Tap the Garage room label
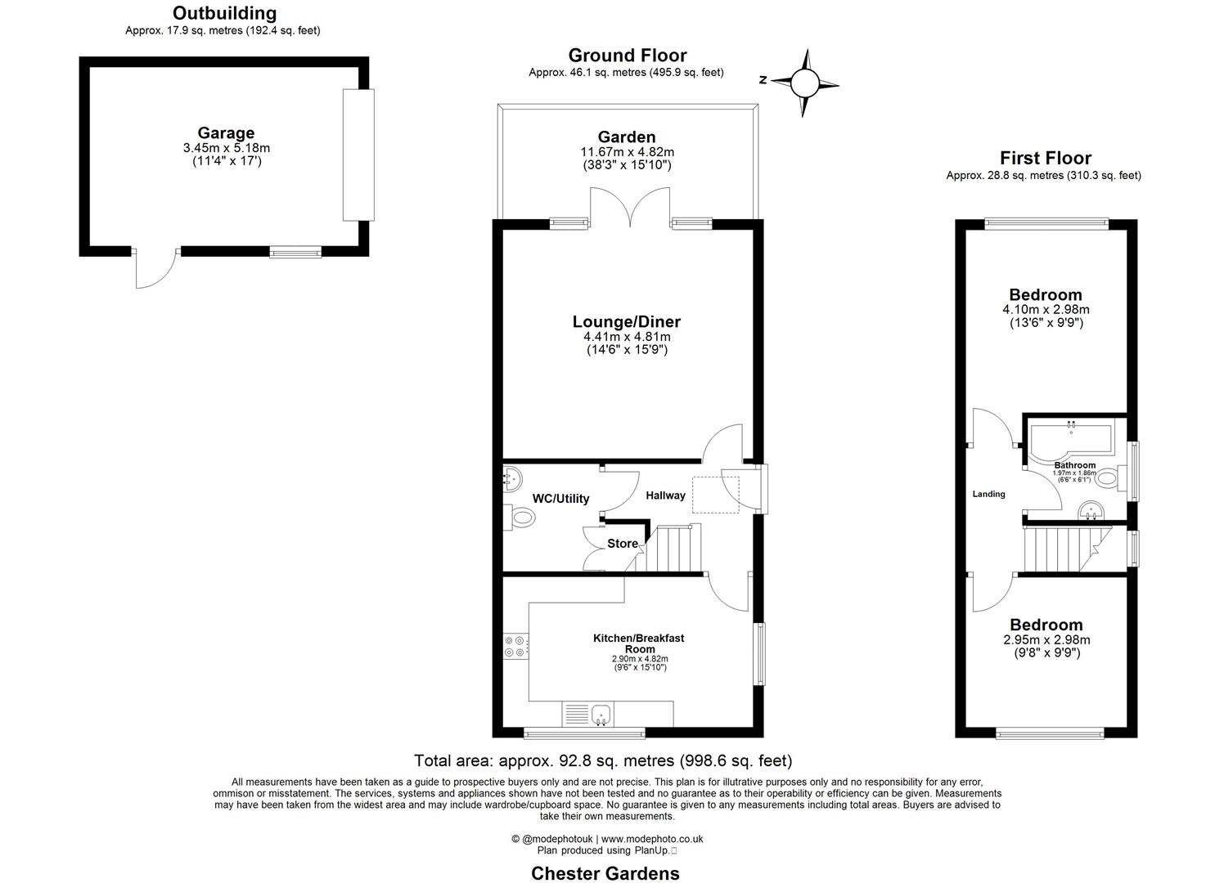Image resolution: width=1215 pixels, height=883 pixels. click(x=226, y=133)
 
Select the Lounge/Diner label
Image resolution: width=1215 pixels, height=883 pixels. click(x=627, y=322)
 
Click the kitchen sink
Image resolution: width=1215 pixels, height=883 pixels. click(x=600, y=715)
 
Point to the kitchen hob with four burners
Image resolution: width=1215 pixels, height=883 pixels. click(x=515, y=646)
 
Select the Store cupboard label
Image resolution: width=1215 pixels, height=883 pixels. click(x=622, y=544)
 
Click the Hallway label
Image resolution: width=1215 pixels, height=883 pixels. click(x=665, y=495)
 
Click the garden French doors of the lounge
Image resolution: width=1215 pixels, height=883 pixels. click(x=630, y=207)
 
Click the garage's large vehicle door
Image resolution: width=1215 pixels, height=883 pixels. click(x=358, y=155)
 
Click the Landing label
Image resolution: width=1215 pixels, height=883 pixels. click(x=988, y=494)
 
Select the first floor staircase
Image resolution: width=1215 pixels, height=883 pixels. click(x=1060, y=550)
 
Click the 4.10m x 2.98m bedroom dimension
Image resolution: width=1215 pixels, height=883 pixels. click(x=1046, y=310)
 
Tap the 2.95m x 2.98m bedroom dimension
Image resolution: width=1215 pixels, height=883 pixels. click(x=1046, y=640)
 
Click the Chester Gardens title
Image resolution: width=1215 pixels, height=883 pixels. click(x=605, y=873)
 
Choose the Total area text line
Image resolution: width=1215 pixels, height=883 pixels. click(x=603, y=761)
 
